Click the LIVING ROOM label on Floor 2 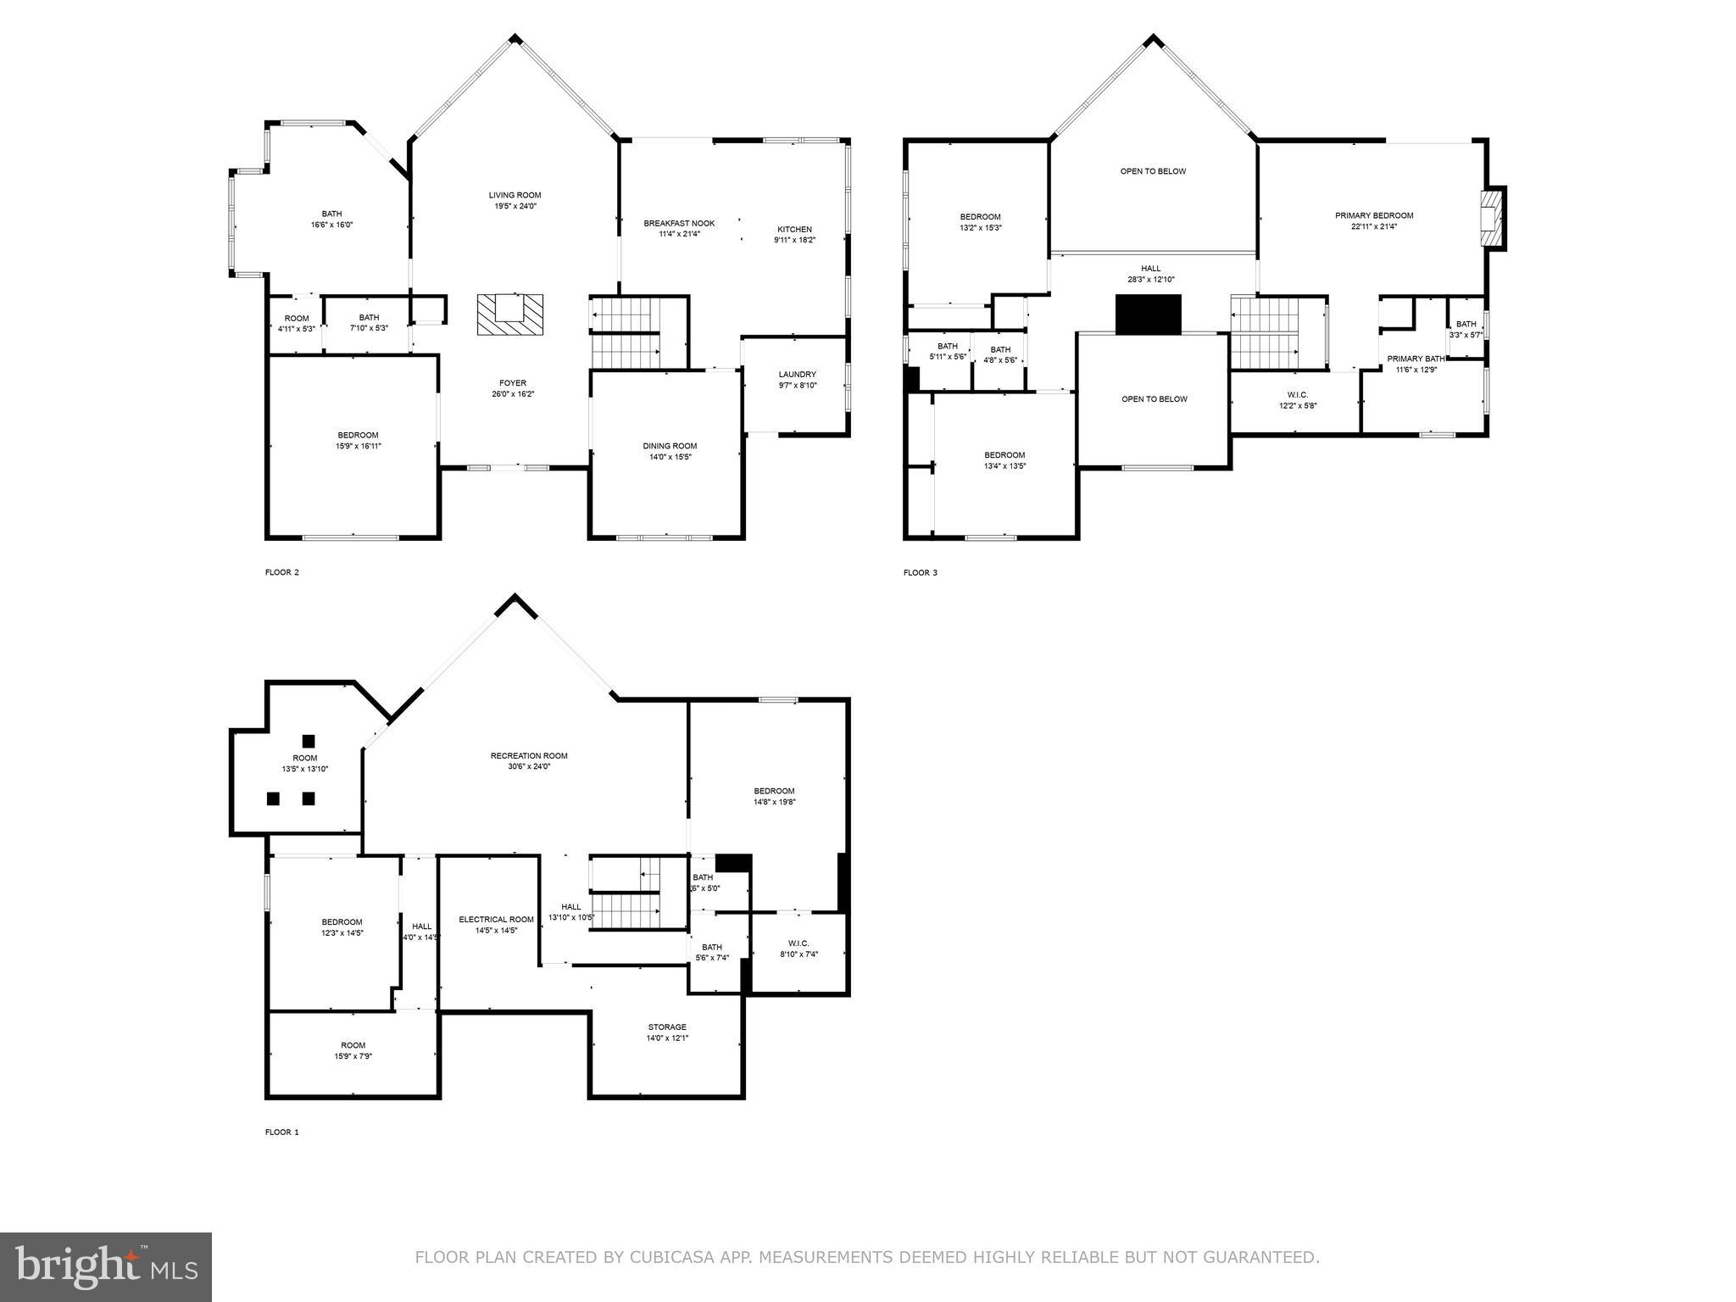515,195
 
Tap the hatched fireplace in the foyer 509,314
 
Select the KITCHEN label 794,229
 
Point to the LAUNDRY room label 797,374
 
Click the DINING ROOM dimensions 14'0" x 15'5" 669,458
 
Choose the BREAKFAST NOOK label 679,223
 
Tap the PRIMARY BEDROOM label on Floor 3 1374,215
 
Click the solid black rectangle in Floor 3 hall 1148,314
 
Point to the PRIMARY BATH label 1416,359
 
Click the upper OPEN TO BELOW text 1153,171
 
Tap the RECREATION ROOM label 529,755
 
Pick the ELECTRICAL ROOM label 496,919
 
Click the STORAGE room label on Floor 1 667,1027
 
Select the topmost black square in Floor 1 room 309,740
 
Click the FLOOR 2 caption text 282,572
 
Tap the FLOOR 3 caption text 921,573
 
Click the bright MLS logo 106,1266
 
